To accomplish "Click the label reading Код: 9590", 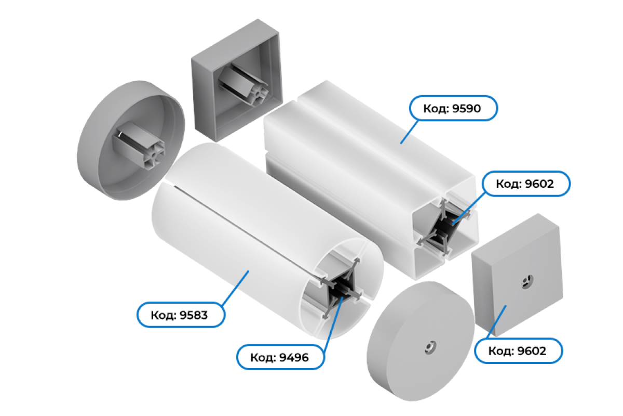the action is (x=453, y=108).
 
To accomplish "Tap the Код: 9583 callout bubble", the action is (x=181, y=315).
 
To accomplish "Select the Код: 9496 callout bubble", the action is (x=280, y=357).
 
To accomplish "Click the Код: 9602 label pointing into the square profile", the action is (x=526, y=184).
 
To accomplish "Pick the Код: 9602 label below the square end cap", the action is (x=519, y=350).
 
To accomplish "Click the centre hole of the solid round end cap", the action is (x=430, y=347).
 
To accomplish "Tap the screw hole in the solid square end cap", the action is (x=527, y=282).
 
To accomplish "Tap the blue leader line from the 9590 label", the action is (x=410, y=132).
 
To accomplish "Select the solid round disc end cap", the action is (x=420, y=341).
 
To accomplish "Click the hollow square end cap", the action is (x=237, y=80).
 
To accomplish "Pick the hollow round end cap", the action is (x=131, y=140).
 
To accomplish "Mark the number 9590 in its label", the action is (x=466, y=108).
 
